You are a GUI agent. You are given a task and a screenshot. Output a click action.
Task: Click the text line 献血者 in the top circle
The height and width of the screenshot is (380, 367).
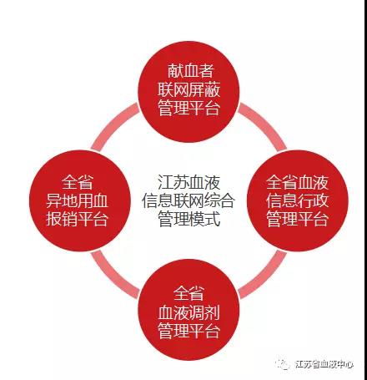point(190,71)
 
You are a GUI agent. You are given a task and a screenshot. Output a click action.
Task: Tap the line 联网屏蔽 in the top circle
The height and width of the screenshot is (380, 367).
point(189,89)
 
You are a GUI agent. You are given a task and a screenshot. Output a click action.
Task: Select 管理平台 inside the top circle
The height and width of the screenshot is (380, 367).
point(189,108)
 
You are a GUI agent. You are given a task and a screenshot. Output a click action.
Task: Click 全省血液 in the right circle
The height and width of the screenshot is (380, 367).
point(297,183)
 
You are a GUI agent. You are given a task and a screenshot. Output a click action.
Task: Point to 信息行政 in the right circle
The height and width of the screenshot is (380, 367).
point(297,200)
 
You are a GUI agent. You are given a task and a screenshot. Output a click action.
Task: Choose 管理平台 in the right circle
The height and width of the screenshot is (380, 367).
point(297,219)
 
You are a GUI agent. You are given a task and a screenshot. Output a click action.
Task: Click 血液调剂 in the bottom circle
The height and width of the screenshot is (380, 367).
point(189,312)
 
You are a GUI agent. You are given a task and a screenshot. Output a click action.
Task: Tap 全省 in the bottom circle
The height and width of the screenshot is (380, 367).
point(189,293)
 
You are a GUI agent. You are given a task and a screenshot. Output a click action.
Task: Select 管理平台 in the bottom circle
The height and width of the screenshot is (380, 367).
point(189,331)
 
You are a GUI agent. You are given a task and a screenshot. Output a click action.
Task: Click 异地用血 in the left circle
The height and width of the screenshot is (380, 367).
point(77,200)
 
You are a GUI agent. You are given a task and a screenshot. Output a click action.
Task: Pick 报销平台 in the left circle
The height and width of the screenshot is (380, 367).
point(77,219)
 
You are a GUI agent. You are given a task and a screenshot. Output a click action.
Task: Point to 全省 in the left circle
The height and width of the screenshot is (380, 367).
point(77,183)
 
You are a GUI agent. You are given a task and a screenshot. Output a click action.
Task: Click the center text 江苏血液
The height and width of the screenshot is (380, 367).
point(189,183)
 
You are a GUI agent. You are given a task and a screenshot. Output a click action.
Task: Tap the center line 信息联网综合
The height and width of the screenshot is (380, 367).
point(189,200)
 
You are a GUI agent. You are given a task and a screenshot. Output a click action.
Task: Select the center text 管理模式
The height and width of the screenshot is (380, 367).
point(189,219)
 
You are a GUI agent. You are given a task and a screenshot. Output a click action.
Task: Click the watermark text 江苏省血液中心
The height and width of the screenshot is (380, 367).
point(324,364)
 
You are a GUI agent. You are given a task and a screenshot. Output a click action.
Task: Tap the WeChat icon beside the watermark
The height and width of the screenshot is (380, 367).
point(283,364)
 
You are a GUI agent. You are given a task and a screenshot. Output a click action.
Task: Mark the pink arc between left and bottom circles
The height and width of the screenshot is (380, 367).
point(113,276)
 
